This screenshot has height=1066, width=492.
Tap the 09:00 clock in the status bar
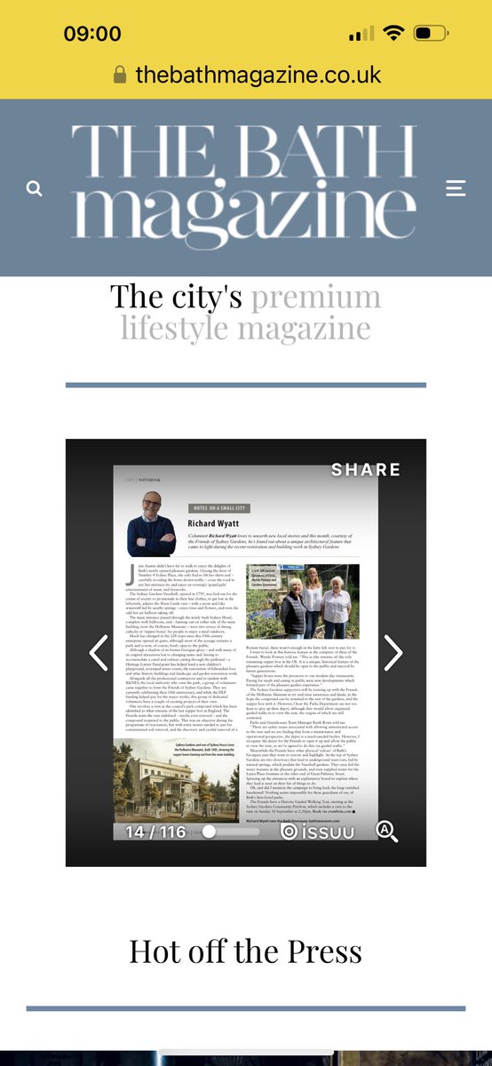coord(92,34)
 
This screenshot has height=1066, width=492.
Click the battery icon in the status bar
coord(431,34)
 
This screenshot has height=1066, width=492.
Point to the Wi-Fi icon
coord(392,34)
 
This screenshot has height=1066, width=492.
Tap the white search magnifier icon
coord(35,188)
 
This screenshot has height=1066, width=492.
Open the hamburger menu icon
coord(456,188)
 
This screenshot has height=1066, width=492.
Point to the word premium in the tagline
coord(315,296)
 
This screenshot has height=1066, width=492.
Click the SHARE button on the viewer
coord(366,470)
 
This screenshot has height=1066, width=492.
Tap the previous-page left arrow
coord(99,653)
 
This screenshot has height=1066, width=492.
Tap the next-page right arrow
coord(393,653)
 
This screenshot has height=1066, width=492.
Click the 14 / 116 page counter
coord(155,831)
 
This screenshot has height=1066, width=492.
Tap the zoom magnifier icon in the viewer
coord(387,831)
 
